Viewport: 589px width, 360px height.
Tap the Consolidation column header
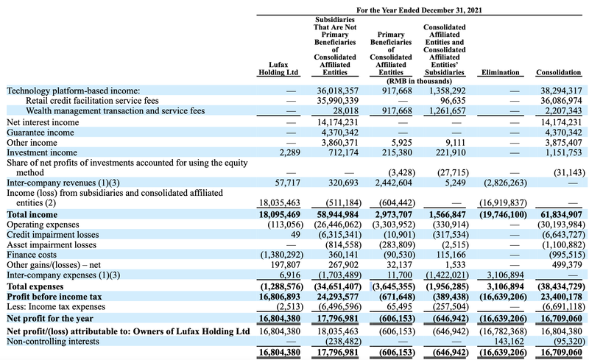click(559, 73)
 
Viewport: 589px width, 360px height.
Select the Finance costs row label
click(36, 254)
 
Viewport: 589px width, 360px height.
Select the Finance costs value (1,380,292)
click(276, 254)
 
